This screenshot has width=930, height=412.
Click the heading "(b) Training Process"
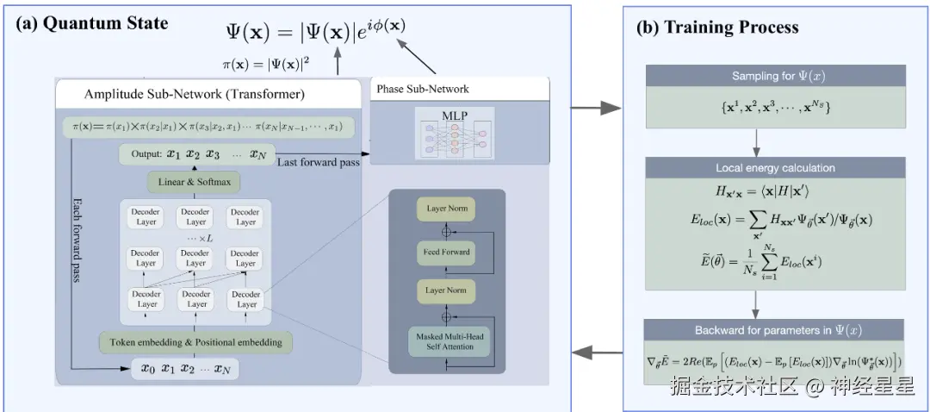coord(717,28)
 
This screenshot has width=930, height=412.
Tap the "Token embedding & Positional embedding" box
coord(195,342)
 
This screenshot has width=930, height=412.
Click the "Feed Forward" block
coord(447,252)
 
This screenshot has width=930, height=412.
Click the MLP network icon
coord(455,133)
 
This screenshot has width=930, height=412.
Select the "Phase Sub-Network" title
coord(423,89)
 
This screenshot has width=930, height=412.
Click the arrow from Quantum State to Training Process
coord(597,109)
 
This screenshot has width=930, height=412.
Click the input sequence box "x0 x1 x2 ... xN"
coord(186,371)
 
